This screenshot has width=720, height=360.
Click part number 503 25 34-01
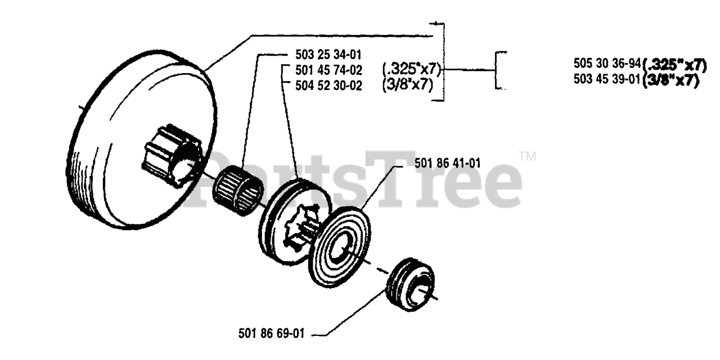pos(328,55)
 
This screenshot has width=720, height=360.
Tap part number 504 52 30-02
pos(328,85)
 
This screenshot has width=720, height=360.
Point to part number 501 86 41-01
pos(447,164)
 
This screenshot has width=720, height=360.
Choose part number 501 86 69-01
pos(272,334)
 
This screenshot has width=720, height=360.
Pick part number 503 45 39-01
pos(607,79)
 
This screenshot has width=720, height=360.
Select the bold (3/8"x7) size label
pos(670,80)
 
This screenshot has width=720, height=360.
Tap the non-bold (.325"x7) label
pos(412,70)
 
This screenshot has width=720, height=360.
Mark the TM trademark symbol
pos(527,156)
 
